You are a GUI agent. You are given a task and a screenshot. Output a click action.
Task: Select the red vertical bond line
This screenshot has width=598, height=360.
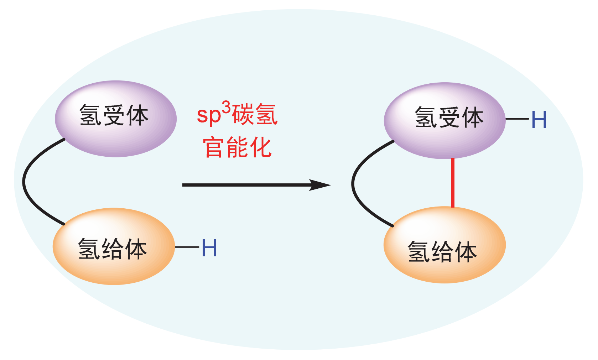(452, 182)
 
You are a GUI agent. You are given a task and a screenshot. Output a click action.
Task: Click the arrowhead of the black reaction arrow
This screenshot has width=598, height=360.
(321, 185)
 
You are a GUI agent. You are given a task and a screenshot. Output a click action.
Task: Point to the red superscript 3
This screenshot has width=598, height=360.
(226, 107)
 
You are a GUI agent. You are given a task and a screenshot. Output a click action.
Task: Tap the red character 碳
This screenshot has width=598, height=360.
(243, 114)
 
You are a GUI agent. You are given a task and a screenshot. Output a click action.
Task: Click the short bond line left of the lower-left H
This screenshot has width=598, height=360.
(187, 247)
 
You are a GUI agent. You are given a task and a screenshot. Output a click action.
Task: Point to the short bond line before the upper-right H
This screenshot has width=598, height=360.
(517, 119)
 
